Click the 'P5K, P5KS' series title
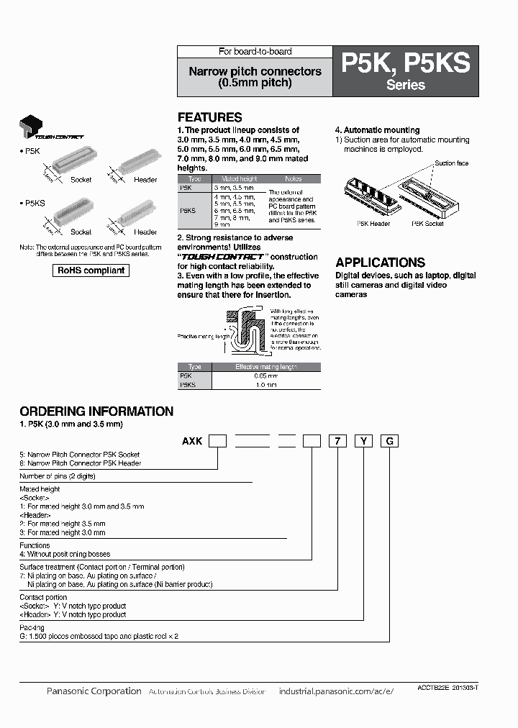tap(405, 64)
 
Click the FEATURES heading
tap(209, 117)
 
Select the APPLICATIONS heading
tap(380, 263)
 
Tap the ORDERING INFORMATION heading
tap(96, 411)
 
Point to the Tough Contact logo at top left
tap(50, 128)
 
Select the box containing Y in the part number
tap(363, 441)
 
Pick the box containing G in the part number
tap(389, 441)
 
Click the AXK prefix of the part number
tap(192, 441)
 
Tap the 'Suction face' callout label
tap(451, 163)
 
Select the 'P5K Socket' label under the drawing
tap(427, 224)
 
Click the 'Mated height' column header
tap(240, 178)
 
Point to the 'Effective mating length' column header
tap(266, 367)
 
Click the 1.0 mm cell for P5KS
tap(266, 386)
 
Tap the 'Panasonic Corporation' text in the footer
tap(94, 691)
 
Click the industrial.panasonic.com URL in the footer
tap(336, 691)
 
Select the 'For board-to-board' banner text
tap(255, 52)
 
